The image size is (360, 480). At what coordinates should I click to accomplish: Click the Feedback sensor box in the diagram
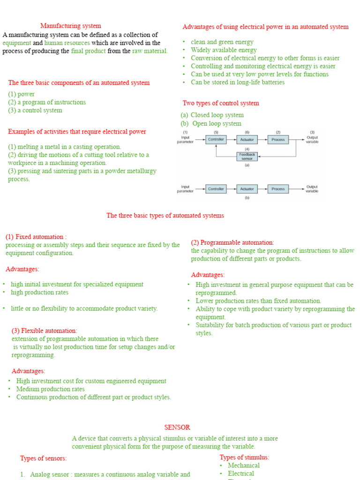tap(247, 157)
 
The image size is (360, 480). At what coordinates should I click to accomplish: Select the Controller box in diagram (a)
tap(216, 140)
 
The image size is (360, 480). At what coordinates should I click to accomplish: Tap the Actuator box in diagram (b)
tap(247, 189)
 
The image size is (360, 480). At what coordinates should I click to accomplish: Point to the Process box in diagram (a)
tap(278, 140)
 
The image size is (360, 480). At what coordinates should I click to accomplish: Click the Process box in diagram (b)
tap(278, 189)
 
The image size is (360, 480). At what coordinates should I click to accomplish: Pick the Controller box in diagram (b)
tap(216, 189)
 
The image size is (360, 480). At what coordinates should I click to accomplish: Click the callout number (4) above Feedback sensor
tap(247, 149)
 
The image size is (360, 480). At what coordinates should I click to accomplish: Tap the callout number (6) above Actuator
tap(247, 132)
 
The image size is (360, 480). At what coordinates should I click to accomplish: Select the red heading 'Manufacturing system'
tap(70, 26)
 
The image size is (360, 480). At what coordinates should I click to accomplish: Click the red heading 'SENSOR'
tap(177, 427)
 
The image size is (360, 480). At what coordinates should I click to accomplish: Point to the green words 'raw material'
tap(150, 51)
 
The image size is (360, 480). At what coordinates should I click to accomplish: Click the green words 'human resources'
tap(67, 43)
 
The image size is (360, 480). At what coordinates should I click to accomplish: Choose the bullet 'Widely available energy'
tap(224, 50)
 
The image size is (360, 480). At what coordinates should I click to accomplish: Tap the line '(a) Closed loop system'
tap(212, 115)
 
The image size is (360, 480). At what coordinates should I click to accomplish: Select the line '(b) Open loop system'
tap(211, 124)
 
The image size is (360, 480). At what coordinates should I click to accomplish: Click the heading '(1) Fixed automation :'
tap(36, 237)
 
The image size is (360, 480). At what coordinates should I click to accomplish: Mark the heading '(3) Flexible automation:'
tap(45, 330)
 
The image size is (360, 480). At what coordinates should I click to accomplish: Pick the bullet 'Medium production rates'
tap(51, 389)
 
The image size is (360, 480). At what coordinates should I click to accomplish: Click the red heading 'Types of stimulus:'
tap(244, 457)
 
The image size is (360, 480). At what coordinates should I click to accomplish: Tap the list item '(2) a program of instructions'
tap(47, 102)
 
